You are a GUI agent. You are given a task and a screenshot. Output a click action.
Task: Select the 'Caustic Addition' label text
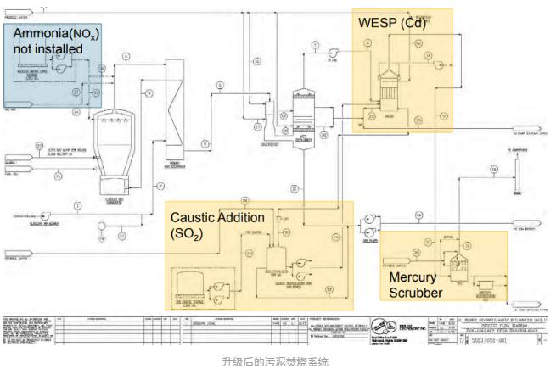pos(217,218)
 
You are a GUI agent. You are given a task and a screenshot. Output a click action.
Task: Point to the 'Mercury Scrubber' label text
pos(416,284)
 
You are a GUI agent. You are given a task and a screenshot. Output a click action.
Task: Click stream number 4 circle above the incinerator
pos(126,56)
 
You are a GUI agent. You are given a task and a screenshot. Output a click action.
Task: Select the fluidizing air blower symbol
pos(101,225)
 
